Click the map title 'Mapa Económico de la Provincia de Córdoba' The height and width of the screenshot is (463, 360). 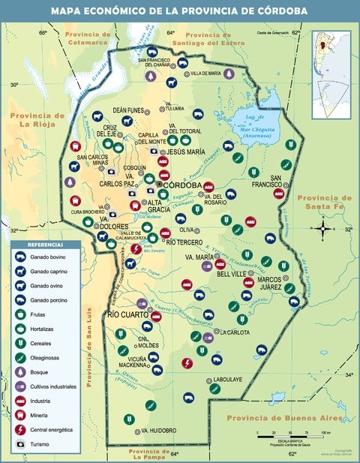click(179, 11)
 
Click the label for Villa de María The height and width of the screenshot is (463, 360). click(206, 74)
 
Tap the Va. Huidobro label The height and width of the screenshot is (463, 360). click(158, 431)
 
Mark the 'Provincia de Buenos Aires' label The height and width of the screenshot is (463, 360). click(285, 417)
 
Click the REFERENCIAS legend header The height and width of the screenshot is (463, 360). click(46, 245)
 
